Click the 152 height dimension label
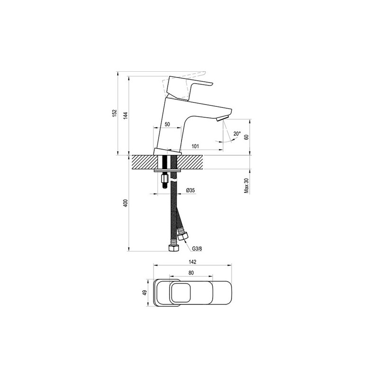tap(114, 113)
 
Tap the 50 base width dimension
tap(167, 124)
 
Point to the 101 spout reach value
tap(195, 146)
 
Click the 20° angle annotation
tap(237, 133)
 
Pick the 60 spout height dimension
tap(247, 137)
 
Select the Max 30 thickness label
tap(247, 186)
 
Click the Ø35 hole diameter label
tap(190, 190)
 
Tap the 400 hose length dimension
tap(125, 203)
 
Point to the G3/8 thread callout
tap(197, 249)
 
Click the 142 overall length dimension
tap(193, 262)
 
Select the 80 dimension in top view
tap(191, 273)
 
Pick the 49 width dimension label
tap(145, 293)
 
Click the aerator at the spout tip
tap(222, 118)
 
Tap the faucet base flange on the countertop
tap(168, 152)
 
